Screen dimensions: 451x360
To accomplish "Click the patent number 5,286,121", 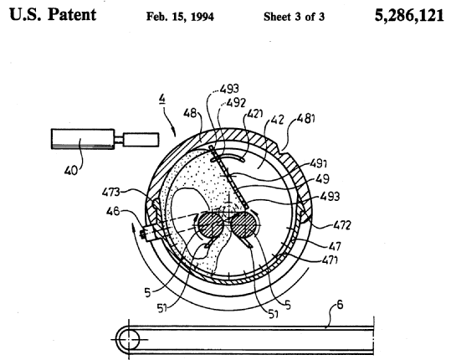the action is (409, 16).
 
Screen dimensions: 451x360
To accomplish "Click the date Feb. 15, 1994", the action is (180, 17).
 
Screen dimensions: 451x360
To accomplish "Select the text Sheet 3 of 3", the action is (294, 17).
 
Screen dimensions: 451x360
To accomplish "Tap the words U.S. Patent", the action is (53, 14).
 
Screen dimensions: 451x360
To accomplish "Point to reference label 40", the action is (71, 171).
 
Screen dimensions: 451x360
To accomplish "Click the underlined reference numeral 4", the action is (162, 99).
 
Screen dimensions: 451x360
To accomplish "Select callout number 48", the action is (190, 113).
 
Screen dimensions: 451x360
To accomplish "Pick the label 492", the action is (236, 102).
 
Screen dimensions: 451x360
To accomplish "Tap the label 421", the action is (254, 114).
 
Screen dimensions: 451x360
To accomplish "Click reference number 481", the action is (305, 118).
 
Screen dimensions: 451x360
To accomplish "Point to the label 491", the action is (319, 164).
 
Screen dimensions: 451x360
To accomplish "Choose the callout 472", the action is (342, 225).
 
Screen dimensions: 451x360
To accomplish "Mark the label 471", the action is (330, 260).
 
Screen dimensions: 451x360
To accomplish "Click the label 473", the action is (111, 193).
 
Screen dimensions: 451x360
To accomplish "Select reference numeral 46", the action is (112, 212).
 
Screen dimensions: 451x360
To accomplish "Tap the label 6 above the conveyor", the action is (340, 305).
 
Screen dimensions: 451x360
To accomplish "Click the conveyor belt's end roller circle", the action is (128, 340).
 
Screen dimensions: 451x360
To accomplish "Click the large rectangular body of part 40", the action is (83, 139).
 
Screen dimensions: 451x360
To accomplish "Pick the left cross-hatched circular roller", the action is (211, 224).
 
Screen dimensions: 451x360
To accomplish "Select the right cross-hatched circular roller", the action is (243, 224).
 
